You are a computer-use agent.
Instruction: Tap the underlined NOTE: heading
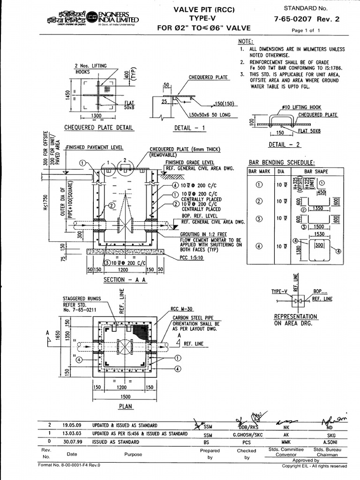point(246,42)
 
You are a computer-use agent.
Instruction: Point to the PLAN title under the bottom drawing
point(126,406)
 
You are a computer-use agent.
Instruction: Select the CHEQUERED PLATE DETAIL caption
point(98,127)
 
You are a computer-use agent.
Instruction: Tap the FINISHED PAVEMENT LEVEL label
point(95,147)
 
